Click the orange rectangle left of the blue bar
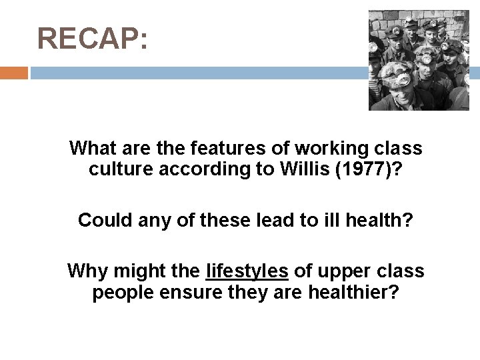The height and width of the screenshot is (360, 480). tap(14, 73)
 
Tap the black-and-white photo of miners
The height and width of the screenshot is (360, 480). tap(419, 60)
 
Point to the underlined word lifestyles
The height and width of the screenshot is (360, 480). tap(247, 271)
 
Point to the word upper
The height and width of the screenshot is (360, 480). tap(344, 271)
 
